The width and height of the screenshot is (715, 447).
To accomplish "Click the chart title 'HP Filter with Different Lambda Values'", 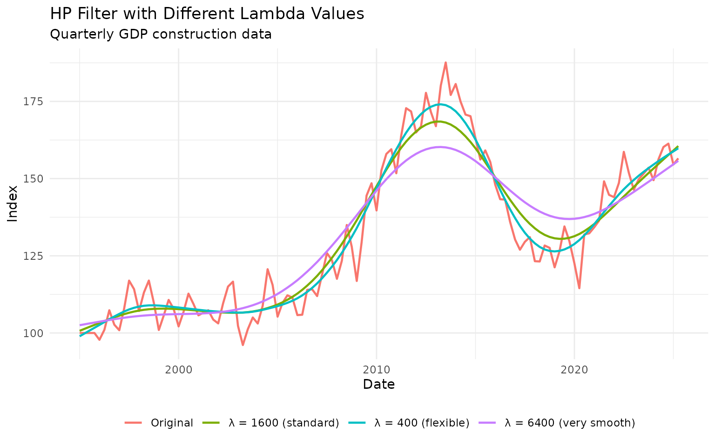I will tap(207, 14).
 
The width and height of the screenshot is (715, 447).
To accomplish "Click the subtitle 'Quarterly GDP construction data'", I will tap(161, 34).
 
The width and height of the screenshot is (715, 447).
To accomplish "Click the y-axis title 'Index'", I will tap(13, 203).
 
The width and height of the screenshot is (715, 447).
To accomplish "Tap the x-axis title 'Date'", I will tap(379, 385).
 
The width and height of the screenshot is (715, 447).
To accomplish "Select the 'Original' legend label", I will tap(172, 423).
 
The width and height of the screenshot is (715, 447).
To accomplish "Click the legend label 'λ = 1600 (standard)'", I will tap(284, 423).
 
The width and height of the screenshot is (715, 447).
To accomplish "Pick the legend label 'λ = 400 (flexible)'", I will tap(422, 423).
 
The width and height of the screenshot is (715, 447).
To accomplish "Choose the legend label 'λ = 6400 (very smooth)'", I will tap(570, 423).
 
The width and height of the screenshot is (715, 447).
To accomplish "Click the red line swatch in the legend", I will tap(133, 423).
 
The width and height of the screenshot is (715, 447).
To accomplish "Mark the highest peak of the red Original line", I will tap(445, 62).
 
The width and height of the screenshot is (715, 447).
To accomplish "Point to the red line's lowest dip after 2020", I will tap(579, 288).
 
